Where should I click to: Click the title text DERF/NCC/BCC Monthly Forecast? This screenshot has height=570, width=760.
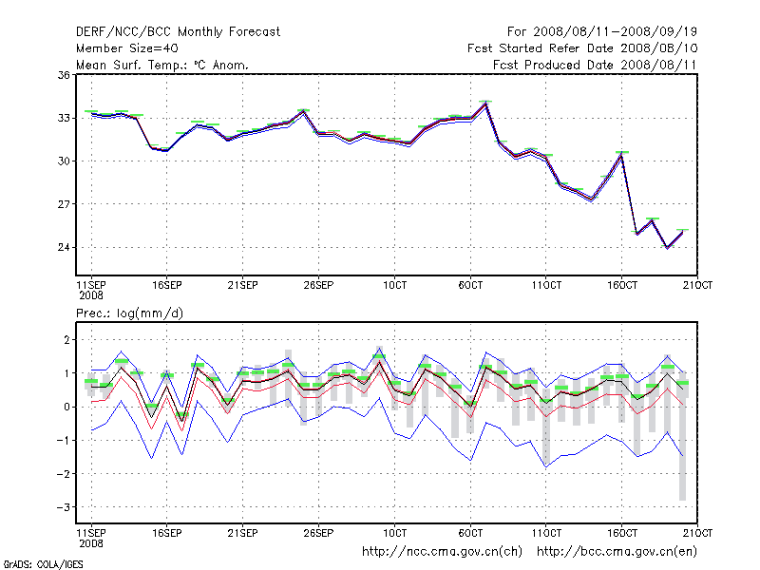pos(178,31)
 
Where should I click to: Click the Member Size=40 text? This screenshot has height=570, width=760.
pos(126,47)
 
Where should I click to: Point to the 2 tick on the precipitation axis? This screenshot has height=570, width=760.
pos(67,339)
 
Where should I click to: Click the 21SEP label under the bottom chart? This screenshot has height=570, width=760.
pos(242,531)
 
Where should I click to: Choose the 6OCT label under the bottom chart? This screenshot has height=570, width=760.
pos(471,531)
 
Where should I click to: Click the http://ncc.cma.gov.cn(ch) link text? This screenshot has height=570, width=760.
pos(444,551)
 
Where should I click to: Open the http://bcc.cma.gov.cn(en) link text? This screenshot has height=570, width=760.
pos(618,551)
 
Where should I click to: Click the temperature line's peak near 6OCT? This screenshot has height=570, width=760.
pos(485,104)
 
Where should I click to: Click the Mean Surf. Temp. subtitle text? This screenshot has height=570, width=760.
pos(162,65)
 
